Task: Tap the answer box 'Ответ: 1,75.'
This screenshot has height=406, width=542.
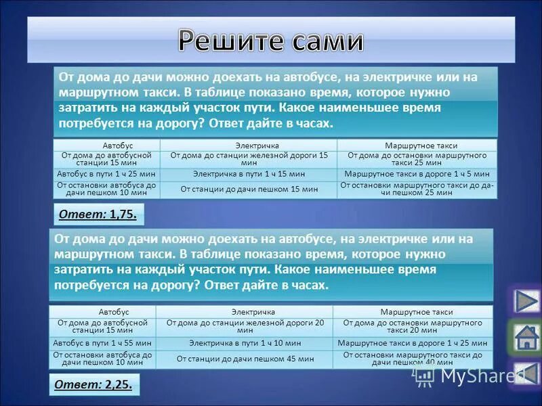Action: click(98, 215)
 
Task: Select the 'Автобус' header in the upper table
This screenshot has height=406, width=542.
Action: click(107, 145)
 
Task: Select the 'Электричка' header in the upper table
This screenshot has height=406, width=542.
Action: click(249, 145)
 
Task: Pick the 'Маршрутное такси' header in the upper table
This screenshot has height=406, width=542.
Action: click(417, 145)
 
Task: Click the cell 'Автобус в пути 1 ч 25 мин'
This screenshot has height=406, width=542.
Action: click(107, 174)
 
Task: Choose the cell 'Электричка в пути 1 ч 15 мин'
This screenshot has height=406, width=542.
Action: click(249, 174)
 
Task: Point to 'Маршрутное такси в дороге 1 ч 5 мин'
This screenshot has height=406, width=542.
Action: click(417, 174)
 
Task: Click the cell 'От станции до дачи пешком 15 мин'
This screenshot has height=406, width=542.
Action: click(249, 189)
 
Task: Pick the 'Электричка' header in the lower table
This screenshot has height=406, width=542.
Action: click(245, 312)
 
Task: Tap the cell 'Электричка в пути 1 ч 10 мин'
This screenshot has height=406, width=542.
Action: click(245, 343)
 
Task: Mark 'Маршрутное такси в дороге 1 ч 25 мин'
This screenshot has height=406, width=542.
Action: click(412, 343)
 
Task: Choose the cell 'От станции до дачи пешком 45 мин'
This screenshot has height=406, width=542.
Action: click(245, 359)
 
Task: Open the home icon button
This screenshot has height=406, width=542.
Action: click(526, 337)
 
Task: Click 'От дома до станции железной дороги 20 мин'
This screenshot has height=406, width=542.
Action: click(245, 327)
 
